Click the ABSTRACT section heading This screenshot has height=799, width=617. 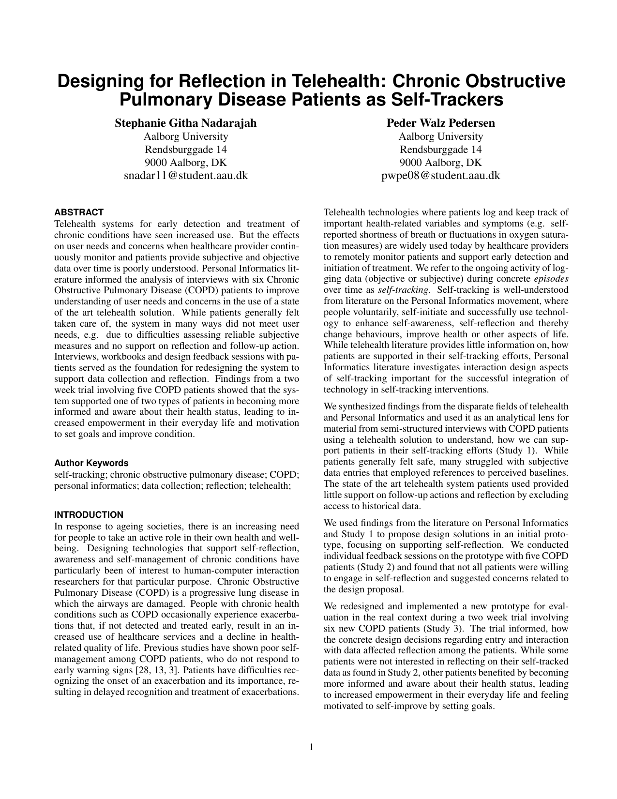click(79, 212)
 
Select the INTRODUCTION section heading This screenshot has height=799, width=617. click(89, 514)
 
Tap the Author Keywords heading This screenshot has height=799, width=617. click(91, 463)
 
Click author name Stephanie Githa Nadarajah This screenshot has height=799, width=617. click(186, 123)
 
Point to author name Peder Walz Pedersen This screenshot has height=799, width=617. click(440, 123)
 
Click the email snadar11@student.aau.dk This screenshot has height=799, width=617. click(186, 175)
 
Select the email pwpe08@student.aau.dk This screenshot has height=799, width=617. click(440, 175)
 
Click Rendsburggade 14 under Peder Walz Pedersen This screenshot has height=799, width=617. click(440, 149)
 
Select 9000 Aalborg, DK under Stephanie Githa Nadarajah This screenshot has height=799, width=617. click(186, 162)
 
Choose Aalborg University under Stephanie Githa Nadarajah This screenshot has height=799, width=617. click(186, 136)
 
